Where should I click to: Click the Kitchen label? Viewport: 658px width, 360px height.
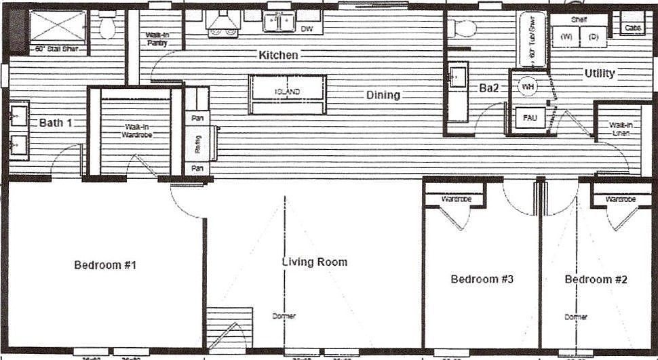(278, 55)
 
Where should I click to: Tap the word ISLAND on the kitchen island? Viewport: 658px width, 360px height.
(287, 92)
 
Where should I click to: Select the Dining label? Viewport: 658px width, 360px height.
(383, 95)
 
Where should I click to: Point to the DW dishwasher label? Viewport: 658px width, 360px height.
(307, 29)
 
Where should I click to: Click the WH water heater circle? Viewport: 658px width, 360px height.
(528, 87)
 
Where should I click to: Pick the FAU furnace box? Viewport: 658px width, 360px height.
(530, 118)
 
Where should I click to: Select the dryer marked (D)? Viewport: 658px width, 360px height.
(594, 37)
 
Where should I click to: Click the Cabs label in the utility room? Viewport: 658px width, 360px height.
(632, 28)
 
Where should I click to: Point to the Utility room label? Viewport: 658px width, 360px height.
(599, 73)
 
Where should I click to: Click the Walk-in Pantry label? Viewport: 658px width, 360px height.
(156, 39)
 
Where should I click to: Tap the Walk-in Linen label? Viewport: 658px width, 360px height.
(620, 129)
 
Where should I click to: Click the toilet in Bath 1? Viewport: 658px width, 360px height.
(107, 26)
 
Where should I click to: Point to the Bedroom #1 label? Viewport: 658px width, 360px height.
(105, 265)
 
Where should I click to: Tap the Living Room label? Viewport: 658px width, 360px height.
(314, 262)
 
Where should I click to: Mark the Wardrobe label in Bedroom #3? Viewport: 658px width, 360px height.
(456, 199)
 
